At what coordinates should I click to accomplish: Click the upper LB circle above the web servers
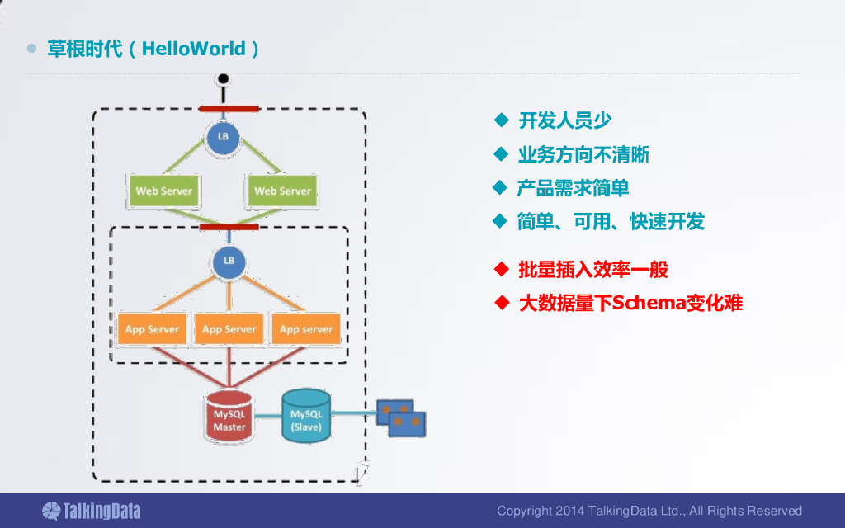[223, 137]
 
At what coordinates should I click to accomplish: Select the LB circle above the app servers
[229, 262]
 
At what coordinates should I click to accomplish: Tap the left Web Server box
[164, 191]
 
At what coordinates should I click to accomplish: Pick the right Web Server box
[282, 191]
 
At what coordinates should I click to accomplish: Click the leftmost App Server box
[152, 328]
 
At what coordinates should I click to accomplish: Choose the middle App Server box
[229, 328]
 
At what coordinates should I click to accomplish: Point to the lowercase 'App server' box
[306, 328]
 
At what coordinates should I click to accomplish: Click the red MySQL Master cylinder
[229, 417]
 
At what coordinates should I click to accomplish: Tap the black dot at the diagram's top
[223, 80]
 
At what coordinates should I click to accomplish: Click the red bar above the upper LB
[229, 109]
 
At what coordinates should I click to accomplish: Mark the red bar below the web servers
[229, 227]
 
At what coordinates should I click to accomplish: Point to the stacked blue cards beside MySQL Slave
[401, 418]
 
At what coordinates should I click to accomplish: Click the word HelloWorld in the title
[193, 49]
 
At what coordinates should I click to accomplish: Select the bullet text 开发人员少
[564, 120]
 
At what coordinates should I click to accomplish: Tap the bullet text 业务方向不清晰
[583, 154]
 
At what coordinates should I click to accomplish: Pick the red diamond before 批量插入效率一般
[502, 269]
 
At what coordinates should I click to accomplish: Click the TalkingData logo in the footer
[92, 511]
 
